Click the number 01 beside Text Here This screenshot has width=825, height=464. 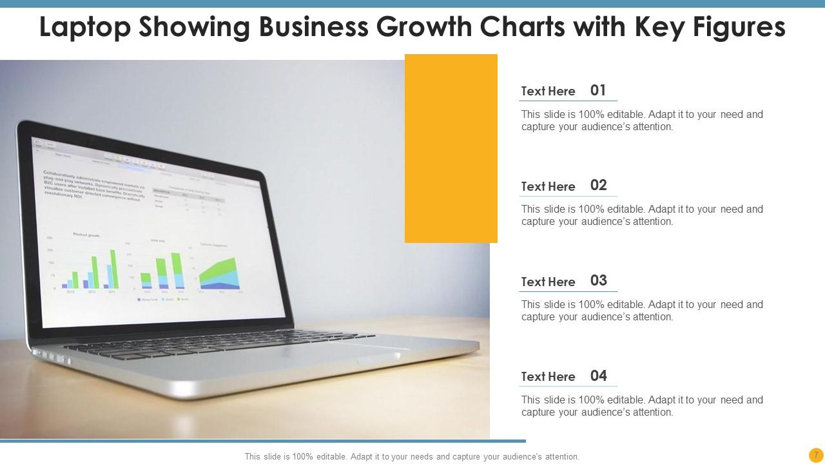tap(598, 90)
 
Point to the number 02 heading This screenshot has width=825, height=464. tap(598, 186)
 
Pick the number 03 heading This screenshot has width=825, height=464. tap(598, 280)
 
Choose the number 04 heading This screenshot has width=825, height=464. tap(598, 376)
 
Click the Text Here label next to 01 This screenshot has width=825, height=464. tap(548, 92)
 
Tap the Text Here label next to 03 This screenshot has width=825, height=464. tap(548, 282)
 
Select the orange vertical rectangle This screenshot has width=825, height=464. tap(451, 148)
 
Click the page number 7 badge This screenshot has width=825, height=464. tap(816, 455)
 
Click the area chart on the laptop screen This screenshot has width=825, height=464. tap(219, 274)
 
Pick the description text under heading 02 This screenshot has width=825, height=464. tap(641, 215)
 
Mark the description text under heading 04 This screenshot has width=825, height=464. tap(641, 406)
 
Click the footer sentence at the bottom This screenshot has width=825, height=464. tap(412, 456)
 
